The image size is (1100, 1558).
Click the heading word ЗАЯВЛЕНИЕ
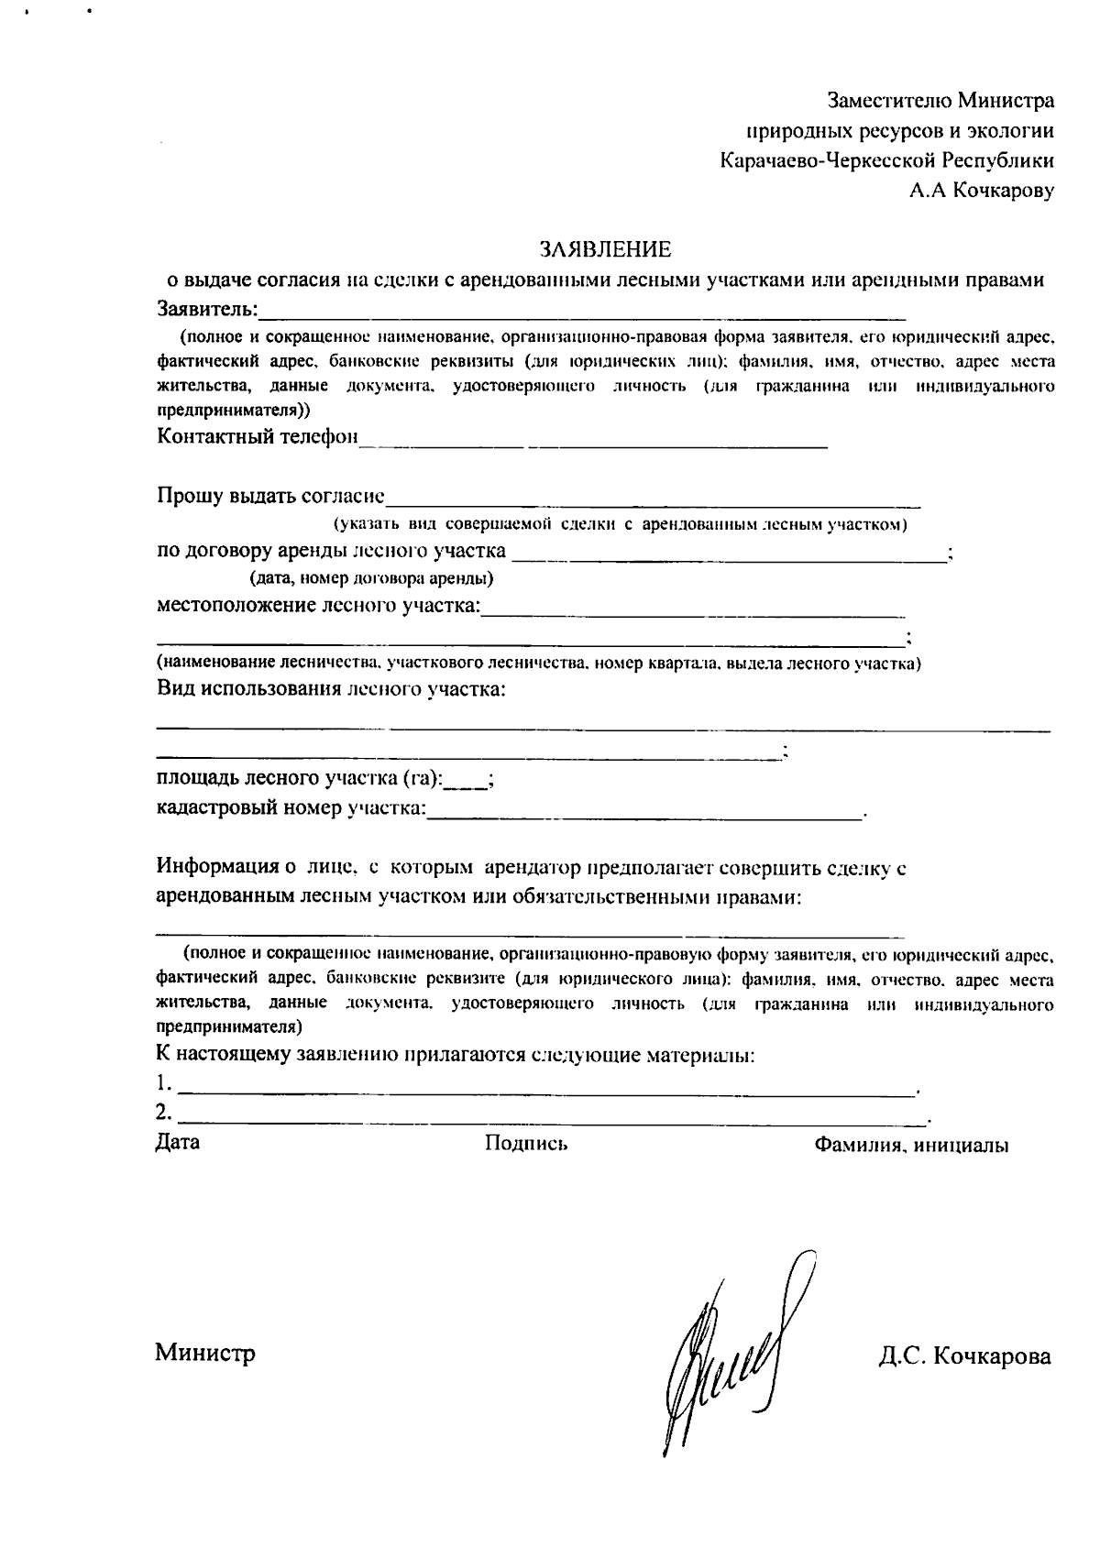coord(605,249)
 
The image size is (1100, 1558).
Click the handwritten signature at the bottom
coord(732,1356)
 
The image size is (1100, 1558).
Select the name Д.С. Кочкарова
coord(964,1356)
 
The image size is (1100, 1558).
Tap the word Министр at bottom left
coord(205,1353)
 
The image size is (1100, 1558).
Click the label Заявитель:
coord(207,307)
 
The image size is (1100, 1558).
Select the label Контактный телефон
coord(258,436)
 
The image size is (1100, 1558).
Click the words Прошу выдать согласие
coord(270,496)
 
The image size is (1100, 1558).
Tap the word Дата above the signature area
coord(178,1142)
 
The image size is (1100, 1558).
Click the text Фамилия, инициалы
coord(911,1145)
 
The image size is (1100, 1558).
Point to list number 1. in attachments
coord(164,1083)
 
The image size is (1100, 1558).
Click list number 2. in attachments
coord(164,1113)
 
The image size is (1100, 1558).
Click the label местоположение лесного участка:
coord(318,606)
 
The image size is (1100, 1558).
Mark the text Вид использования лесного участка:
coord(331,688)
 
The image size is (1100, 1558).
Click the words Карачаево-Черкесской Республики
coord(886,160)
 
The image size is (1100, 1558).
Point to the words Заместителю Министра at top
coord(940,99)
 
